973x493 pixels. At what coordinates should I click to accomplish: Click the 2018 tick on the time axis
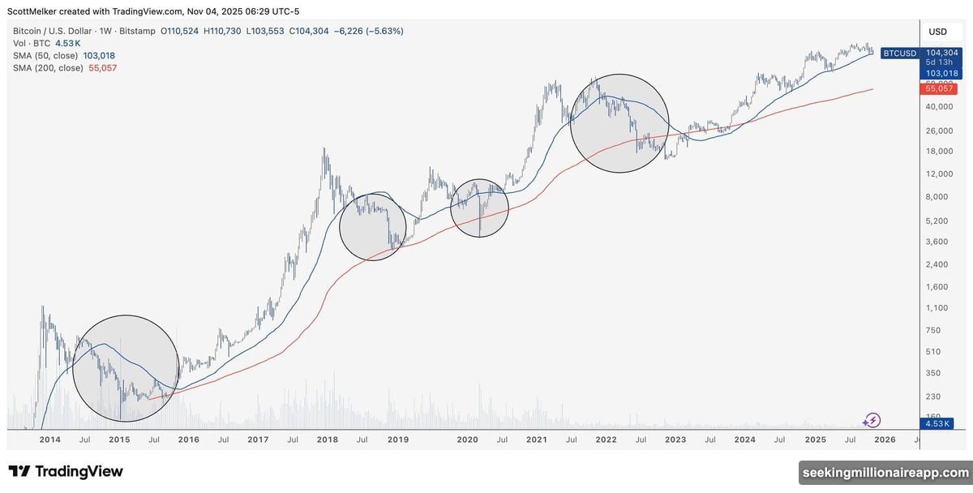click(327, 439)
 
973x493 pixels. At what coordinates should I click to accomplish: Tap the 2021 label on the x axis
click(536, 439)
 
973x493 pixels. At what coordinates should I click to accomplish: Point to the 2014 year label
click(50, 439)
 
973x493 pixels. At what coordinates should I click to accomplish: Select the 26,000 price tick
click(937, 131)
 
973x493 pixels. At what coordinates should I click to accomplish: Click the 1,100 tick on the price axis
click(937, 308)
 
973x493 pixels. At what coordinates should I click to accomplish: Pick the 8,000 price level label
click(937, 197)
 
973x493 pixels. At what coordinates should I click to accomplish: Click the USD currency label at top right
click(937, 32)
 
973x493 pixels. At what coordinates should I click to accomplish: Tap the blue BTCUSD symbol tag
click(899, 54)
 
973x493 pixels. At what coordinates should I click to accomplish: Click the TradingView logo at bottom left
click(66, 471)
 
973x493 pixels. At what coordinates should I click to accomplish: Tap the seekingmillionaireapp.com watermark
click(885, 472)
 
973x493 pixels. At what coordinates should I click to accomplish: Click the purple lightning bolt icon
click(872, 420)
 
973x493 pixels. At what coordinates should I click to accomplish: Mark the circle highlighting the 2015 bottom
click(126, 368)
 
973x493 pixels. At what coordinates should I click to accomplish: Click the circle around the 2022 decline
click(620, 123)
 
